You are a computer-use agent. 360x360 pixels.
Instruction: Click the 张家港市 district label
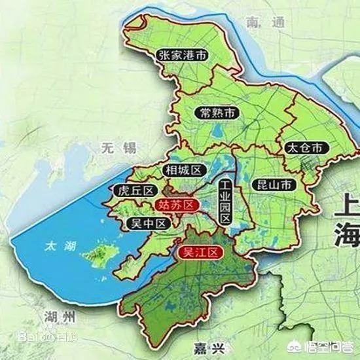coord(183,56)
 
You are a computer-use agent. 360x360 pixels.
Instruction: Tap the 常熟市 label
coord(217,113)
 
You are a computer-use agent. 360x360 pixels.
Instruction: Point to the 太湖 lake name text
coord(60,247)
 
